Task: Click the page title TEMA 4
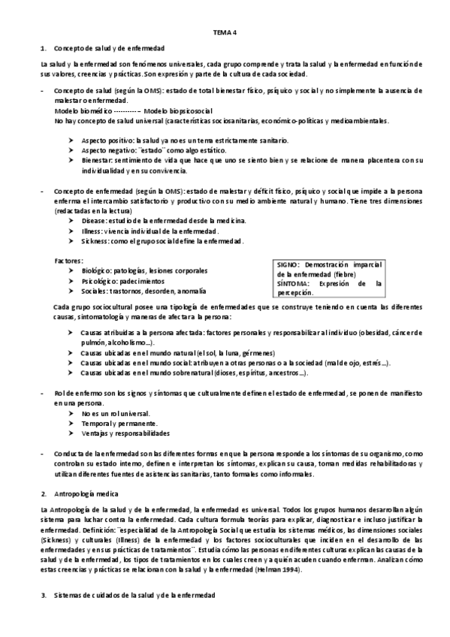point(225,32)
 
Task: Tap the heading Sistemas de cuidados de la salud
point(134,594)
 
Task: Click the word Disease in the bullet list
point(94,221)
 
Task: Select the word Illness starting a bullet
point(92,231)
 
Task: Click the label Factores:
point(69,260)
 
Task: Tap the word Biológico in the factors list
point(98,270)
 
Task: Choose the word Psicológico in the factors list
point(101,280)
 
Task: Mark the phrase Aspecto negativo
point(107,150)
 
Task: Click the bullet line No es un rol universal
point(115,413)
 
